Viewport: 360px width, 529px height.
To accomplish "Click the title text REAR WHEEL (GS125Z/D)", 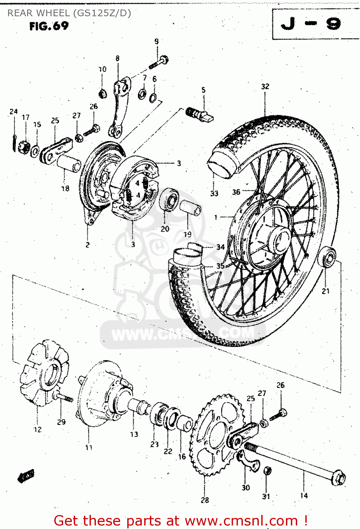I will coord(69,13).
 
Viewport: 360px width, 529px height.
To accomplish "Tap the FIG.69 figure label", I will coord(49,26).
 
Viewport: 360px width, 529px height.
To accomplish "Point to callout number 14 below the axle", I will coord(304,495).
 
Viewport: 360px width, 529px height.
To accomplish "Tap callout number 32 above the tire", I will coord(265,86).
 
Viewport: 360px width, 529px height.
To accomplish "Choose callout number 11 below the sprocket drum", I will coord(89,447).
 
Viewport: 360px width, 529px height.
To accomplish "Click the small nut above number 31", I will coord(267,471).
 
